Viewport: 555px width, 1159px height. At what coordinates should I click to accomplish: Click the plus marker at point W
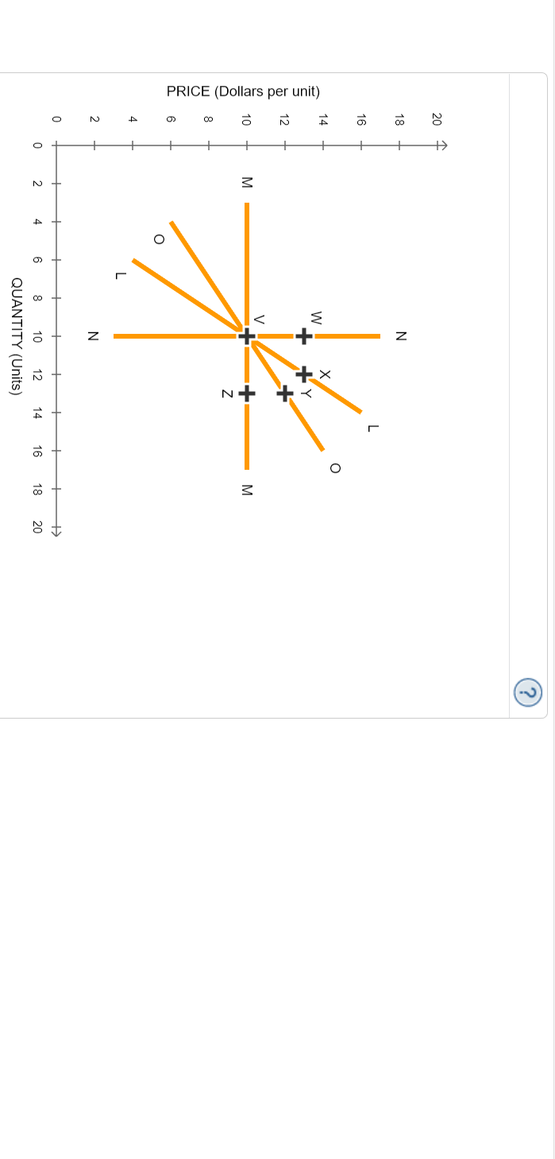pos(303,336)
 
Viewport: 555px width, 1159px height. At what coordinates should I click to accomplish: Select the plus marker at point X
pos(303,374)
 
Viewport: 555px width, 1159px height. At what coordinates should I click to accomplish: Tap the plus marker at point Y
pos(285,393)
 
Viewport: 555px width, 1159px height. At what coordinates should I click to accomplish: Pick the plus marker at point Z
pos(247,393)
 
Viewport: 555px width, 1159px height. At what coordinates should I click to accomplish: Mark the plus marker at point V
pos(247,336)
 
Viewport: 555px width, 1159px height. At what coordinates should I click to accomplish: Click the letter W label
pos(316,317)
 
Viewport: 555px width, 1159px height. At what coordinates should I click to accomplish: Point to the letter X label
pos(325,374)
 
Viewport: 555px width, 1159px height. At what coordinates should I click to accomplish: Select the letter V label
pos(259,319)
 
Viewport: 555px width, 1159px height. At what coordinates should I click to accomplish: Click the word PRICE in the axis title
pos(188,91)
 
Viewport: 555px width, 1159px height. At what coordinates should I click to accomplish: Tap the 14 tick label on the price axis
pos(322,120)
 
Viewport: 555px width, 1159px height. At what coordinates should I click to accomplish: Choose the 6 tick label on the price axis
pos(170,120)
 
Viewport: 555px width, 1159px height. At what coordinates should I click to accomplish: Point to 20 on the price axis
pos(436,120)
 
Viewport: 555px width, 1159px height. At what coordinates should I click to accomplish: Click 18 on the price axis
pos(399,120)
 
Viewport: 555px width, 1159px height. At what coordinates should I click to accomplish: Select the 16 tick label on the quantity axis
pos(37,451)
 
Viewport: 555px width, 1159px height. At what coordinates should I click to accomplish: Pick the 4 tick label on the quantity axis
pos(37,222)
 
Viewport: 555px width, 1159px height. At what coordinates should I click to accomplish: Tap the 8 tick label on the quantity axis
pos(37,298)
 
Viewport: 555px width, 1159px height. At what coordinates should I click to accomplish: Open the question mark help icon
pos(528,692)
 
